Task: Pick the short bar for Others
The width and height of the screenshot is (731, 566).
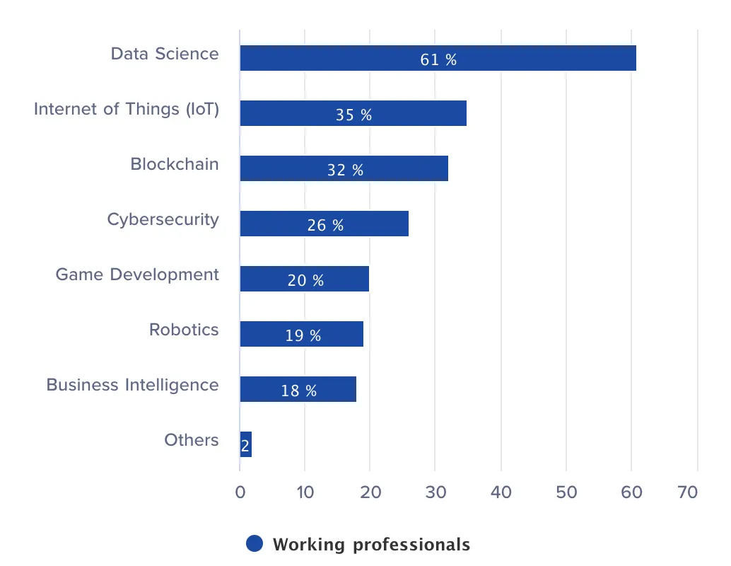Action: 245,444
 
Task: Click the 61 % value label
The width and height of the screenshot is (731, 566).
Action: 438,59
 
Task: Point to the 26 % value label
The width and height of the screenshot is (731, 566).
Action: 325,225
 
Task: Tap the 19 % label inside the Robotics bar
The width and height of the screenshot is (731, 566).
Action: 303,335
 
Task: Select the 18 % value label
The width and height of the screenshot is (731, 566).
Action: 299,391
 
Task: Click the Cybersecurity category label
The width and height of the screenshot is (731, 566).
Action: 163,219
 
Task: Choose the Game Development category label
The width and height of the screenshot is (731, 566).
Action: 137,275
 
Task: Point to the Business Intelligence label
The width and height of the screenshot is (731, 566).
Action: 132,385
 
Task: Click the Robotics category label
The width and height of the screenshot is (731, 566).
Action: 184,330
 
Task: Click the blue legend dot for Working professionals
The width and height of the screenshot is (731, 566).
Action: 255,543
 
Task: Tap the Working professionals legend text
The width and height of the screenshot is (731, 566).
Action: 371,544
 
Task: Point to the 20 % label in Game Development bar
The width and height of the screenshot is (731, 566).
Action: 305,280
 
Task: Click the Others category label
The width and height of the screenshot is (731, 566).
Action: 192,440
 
